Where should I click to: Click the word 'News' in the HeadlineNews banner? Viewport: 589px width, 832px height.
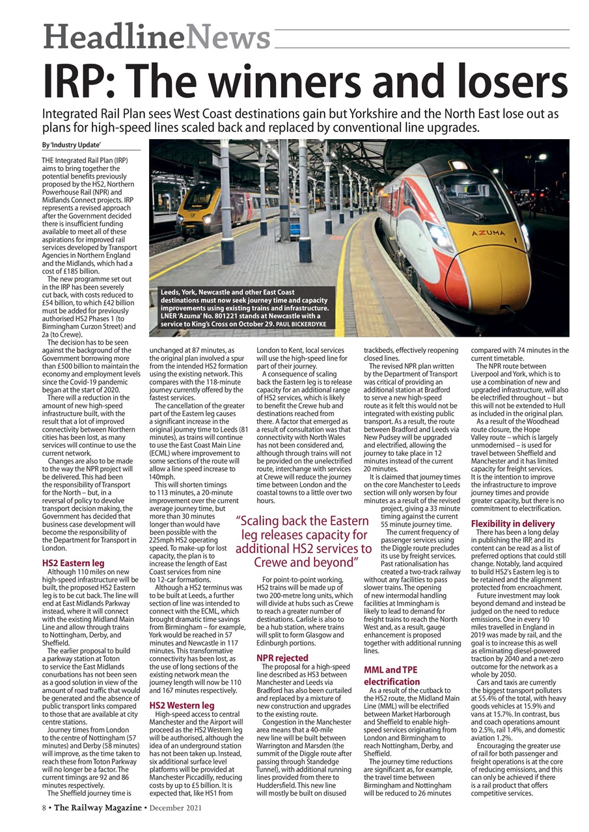coord(228,36)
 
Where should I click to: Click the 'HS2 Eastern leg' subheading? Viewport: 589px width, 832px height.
coord(73,563)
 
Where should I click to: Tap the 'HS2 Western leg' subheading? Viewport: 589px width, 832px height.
coord(182,705)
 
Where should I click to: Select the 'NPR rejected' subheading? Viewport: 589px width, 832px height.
coord(282,658)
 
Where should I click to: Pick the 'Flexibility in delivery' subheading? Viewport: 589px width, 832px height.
coord(513,523)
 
